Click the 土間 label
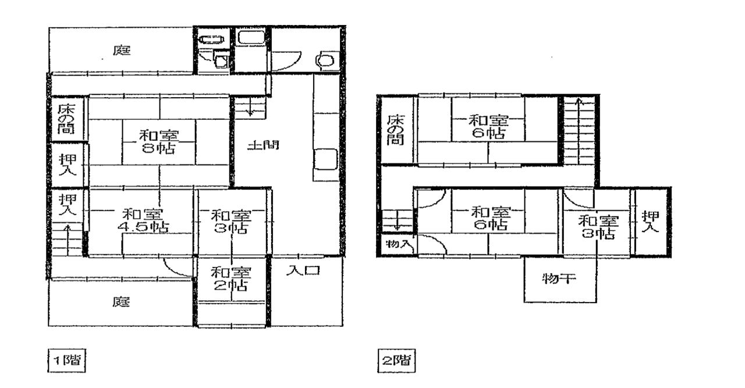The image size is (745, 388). [x=263, y=145]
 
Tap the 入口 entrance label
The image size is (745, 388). [x=303, y=270]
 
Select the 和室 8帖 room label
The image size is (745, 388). [x=159, y=142]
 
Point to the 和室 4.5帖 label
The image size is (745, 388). [x=143, y=220]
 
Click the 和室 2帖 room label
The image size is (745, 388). [x=231, y=279]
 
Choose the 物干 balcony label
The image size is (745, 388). [x=559, y=278]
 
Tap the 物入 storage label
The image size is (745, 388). [x=398, y=244]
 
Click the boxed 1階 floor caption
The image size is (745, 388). [x=67, y=361]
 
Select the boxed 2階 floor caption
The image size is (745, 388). [x=396, y=361]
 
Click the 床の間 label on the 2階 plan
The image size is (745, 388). [x=395, y=130]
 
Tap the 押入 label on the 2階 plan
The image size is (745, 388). [x=650, y=222]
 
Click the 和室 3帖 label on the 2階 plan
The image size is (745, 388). [x=598, y=227]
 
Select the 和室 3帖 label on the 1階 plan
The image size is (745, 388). [x=231, y=222]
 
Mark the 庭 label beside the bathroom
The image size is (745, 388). [x=122, y=51]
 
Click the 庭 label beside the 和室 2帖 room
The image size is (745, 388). [x=120, y=302]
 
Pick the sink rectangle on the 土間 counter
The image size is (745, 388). [x=325, y=160]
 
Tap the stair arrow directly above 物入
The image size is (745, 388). [x=398, y=220]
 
